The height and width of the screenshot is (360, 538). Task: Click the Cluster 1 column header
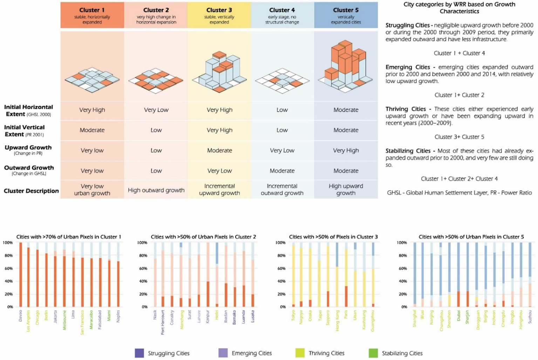[x=92, y=15]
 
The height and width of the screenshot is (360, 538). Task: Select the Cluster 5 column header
[x=346, y=15]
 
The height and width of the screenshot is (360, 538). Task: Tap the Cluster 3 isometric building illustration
[x=219, y=72]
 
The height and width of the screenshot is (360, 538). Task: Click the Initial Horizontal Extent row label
[x=29, y=110]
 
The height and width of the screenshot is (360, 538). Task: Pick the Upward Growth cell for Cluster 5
[x=346, y=151]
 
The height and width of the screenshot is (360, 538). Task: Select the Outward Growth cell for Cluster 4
[x=282, y=171]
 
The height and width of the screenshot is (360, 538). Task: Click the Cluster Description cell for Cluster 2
[x=156, y=190]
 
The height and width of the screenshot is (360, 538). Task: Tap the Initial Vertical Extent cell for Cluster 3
[x=219, y=130]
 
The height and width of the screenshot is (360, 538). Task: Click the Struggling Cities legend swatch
[x=139, y=353]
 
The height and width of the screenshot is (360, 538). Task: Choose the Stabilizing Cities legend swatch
[x=373, y=353]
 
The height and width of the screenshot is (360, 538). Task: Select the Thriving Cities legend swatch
[x=300, y=353]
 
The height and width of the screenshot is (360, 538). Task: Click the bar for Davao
[x=21, y=275]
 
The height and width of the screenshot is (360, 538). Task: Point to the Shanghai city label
[x=415, y=319]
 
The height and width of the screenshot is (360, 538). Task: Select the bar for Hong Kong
[x=337, y=275]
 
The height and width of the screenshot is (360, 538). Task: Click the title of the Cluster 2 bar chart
[x=203, y=237]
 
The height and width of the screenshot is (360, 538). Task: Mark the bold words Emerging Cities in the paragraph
[x=408, y=67]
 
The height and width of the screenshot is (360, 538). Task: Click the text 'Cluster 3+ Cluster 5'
[x=459, y=137]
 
